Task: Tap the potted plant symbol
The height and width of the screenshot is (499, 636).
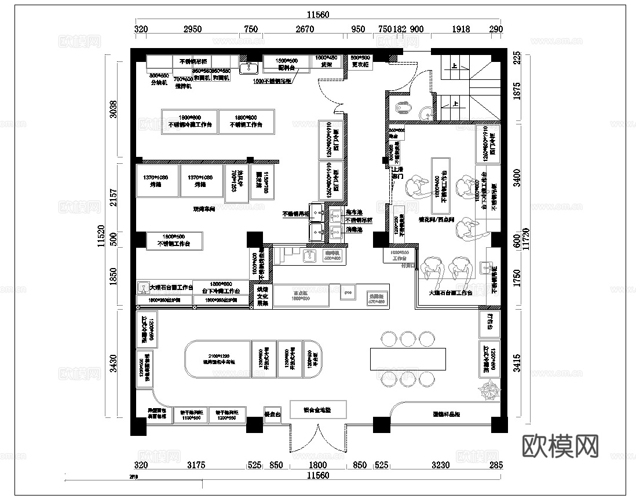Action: click(x=490, y=390)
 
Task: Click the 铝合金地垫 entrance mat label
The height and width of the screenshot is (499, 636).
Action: click(x=318, y=410)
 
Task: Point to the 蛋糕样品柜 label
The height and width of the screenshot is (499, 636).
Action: click(x=446, y=414)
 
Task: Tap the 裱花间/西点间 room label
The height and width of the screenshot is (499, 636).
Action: click(x=438, y=220)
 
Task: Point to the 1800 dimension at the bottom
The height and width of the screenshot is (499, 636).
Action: click(x=317, y=464)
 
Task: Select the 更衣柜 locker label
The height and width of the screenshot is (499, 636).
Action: click(x=360, y=65)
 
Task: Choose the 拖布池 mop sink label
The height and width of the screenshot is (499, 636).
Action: click(x=354, y=212)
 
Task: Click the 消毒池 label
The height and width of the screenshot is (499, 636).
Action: click(x=354, y=230)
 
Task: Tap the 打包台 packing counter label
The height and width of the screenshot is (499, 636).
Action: click(x=488, y=324)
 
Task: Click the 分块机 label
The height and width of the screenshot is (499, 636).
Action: click(x=159, y=83)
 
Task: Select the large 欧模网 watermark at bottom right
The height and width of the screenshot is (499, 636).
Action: click(x=560, y=445)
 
